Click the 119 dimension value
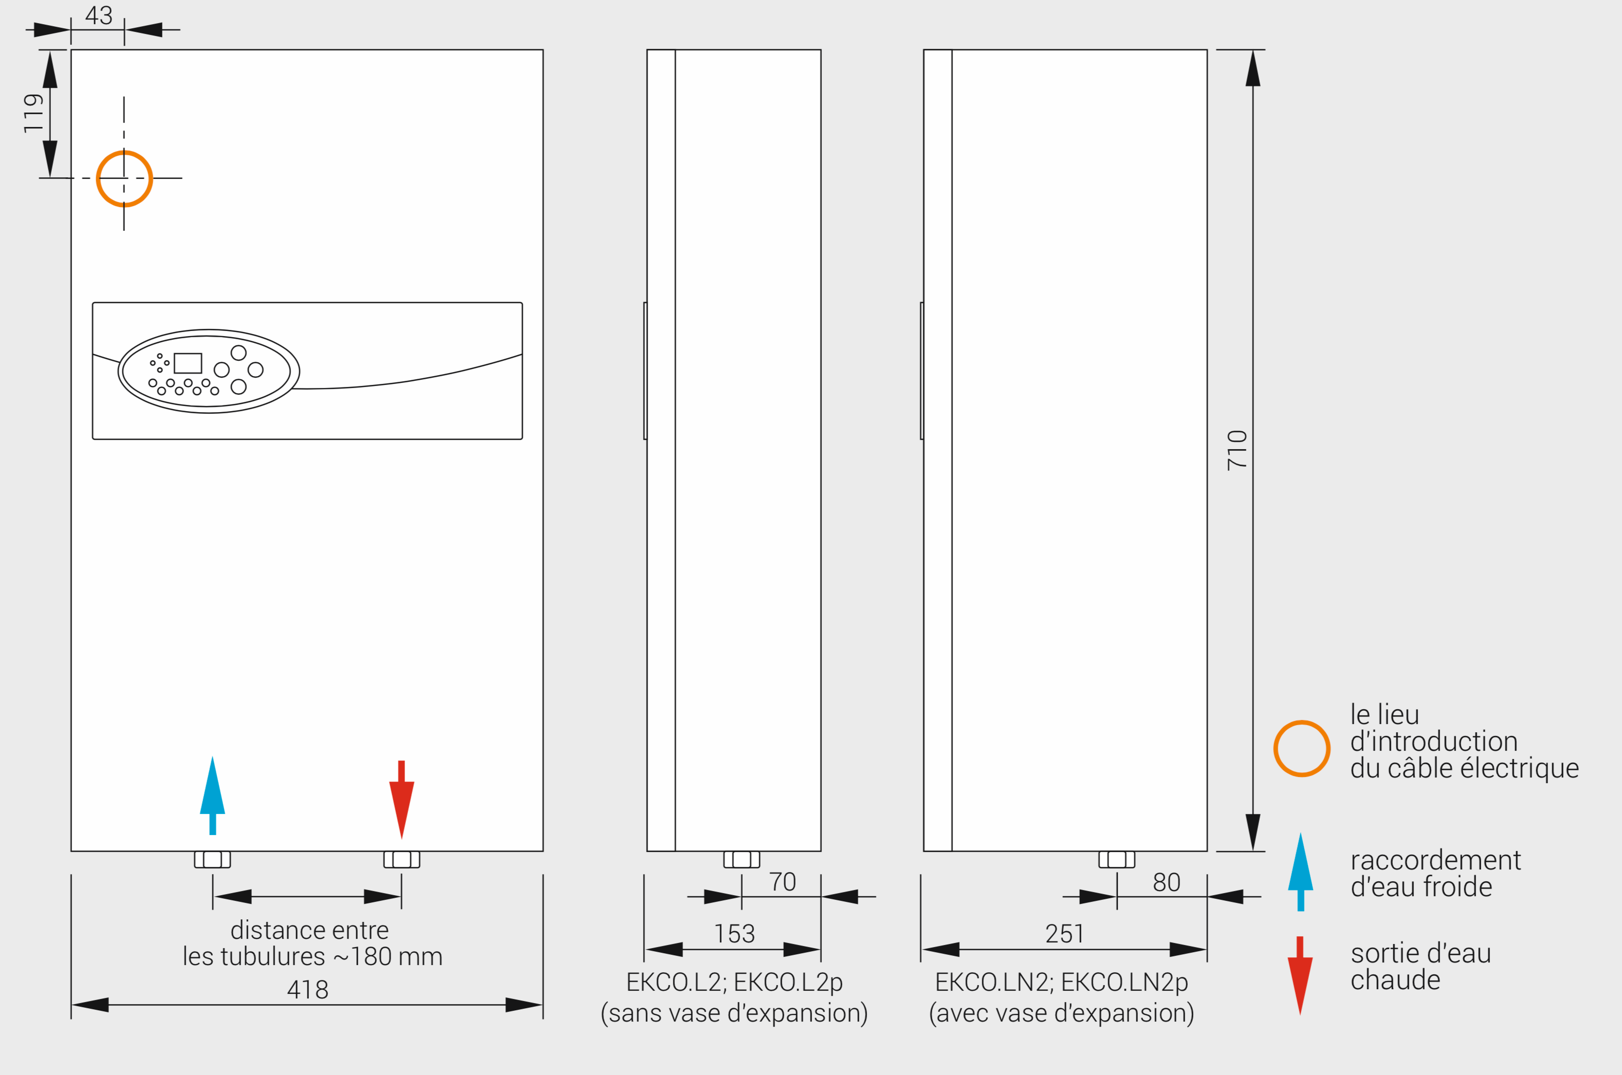(33, 113)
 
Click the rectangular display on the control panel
(188, 363)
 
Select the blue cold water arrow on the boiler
(213, 795)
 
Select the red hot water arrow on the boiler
(402, 800)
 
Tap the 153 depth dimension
(734, 934)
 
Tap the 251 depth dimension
(1065, 934)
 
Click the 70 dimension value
(782, 882)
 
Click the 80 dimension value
(1167, 882)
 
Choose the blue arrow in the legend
(1300, 872)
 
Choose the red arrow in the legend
(1300, 976)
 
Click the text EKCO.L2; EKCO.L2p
(734, 983)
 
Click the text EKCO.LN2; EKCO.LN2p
(1061, 983)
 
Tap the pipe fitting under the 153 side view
(742, 860)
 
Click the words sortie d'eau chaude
(1421, 967)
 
